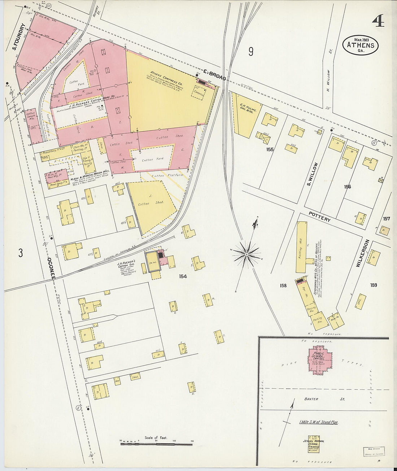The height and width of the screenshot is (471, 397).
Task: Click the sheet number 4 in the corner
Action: coord(378,21)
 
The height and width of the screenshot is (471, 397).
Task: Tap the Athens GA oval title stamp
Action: coord(361,45)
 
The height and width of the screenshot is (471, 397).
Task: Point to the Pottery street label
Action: coord(319,217)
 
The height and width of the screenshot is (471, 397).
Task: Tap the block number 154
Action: coord(183,276)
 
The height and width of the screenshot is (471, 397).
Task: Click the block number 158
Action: coord(283,285)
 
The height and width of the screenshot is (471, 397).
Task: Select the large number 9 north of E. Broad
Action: coord(250,52)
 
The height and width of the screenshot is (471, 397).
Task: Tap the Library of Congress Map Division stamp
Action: coord(374,452)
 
